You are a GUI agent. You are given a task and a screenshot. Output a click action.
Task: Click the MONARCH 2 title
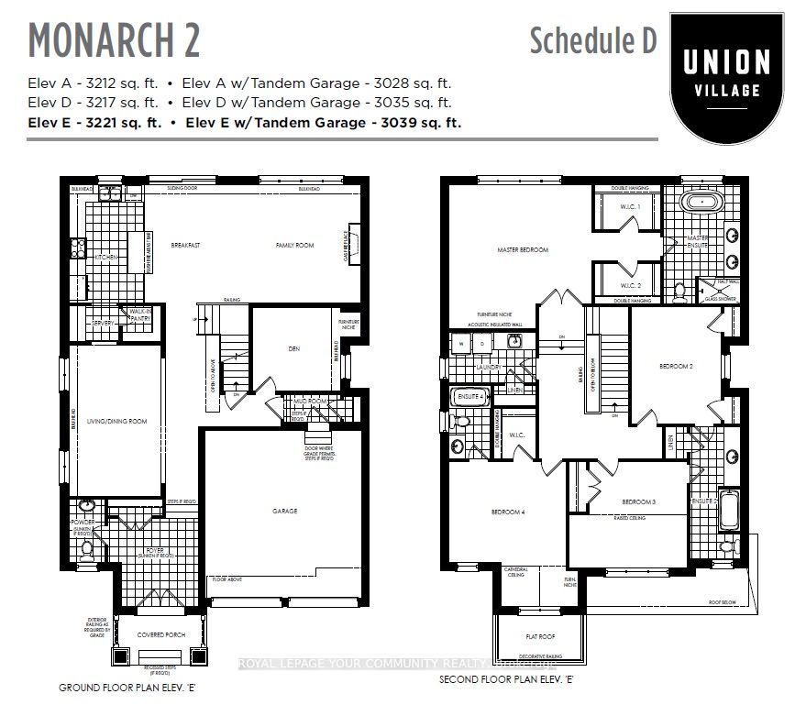[115, 39]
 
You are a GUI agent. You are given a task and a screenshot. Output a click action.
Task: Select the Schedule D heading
[592, 40]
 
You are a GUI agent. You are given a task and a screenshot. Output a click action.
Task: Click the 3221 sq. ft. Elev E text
[94, 122]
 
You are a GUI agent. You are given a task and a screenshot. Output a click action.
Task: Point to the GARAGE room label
[284, 511]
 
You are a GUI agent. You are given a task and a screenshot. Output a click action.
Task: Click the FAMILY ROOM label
[295, 246]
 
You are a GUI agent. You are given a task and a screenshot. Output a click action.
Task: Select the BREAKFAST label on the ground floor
[185, 246]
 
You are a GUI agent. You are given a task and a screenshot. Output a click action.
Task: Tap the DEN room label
[294, 348]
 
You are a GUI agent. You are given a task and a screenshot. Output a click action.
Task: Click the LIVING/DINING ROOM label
[116, 422]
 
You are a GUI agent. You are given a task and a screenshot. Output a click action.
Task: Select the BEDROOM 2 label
[676, 366]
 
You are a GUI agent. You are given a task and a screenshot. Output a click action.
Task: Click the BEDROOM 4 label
[508, 512]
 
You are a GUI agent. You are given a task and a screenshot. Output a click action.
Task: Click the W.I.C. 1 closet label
[630, 207]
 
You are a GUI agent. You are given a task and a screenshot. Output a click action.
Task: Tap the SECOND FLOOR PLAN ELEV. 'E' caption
[505, 679]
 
